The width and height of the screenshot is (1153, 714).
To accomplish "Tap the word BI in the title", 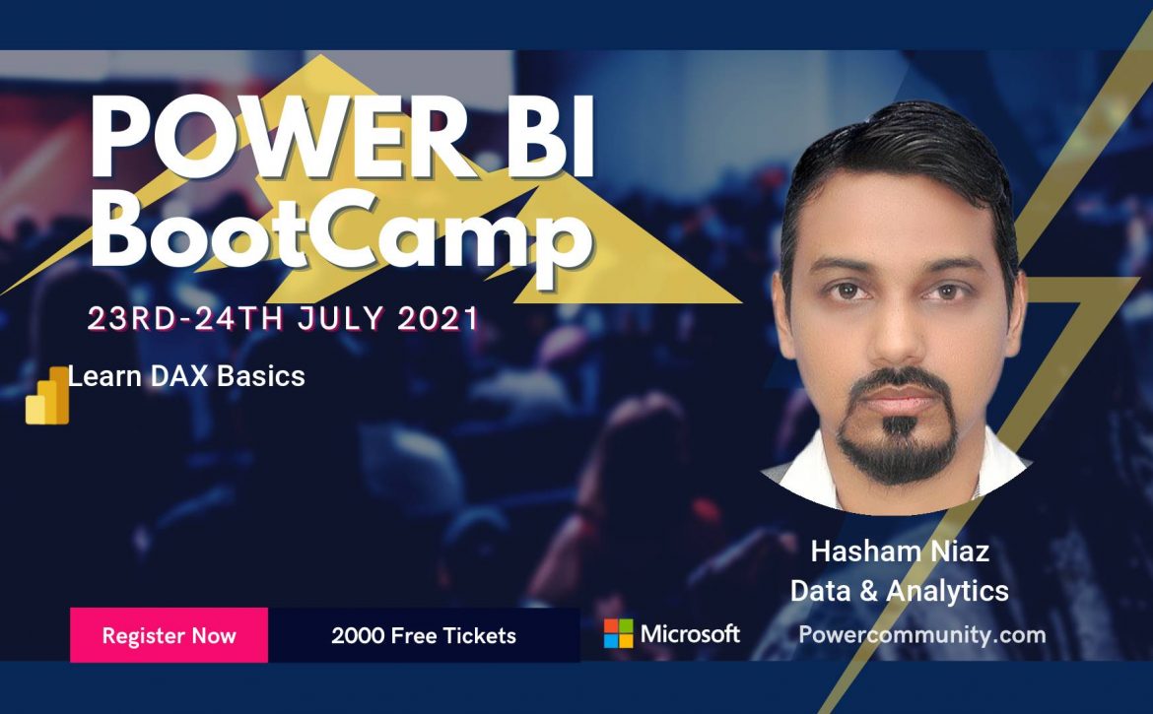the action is (x=548, y=137).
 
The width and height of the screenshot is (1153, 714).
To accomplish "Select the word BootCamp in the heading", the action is (x=341, y=229).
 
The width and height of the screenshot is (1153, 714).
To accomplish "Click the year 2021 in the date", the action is (x=438, y=319).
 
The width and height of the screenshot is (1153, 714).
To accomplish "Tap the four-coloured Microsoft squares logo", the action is (x=619, y=633).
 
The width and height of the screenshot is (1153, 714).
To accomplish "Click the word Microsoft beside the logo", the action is (x=690, y=633).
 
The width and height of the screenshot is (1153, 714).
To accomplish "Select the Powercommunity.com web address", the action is (x=922, y=634).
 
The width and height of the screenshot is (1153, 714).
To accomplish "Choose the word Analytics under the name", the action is (x=947, y=591).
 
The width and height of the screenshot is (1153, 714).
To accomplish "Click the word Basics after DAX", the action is (x=260, y=376).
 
